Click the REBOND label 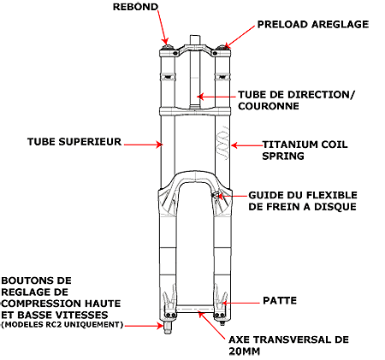[135, 7]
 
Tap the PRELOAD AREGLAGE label [313, 24]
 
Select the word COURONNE [269, 106]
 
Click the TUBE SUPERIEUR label [74, 142]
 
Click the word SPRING [283, 156]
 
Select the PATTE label [280, 300]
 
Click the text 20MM [245, 351]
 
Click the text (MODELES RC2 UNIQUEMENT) [62, 324]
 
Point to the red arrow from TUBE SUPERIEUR [143, 145]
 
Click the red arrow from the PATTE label [241, 303]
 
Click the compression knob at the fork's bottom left [168, 328]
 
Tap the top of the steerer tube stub [195, 36]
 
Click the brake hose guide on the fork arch [215, 195]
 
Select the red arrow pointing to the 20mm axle [212, 326]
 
